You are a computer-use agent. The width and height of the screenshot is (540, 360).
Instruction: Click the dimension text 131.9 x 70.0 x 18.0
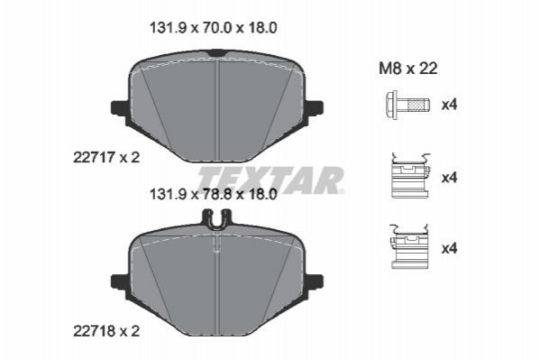pyautogui.click(x=213, y=28)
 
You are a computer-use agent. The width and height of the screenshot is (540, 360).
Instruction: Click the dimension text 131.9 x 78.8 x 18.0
pyautogui.click(x=213, y=195)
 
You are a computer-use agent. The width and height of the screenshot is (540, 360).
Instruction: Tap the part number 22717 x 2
pyautogui.click(x=106, y=158)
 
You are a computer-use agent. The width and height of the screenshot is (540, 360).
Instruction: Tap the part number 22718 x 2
pyautogui.click(x=106, y=331)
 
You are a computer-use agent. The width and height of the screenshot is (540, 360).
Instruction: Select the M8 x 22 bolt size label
pyautogui.click(x=408, y=69)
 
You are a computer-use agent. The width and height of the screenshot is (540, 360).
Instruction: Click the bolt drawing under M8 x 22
pyautogui.click(x=408, y=105)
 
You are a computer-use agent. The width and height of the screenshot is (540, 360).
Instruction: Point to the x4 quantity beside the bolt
pyautogui.click(x=450, y=105)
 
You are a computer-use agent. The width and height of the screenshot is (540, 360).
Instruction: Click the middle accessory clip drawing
pyautogui.click(x=410, y=176)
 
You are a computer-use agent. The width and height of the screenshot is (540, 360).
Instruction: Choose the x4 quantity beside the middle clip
pyautogui.click(x=450, y=178)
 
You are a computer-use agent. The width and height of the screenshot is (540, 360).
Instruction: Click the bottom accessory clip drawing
pyautogui.click(x=409, y=246)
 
